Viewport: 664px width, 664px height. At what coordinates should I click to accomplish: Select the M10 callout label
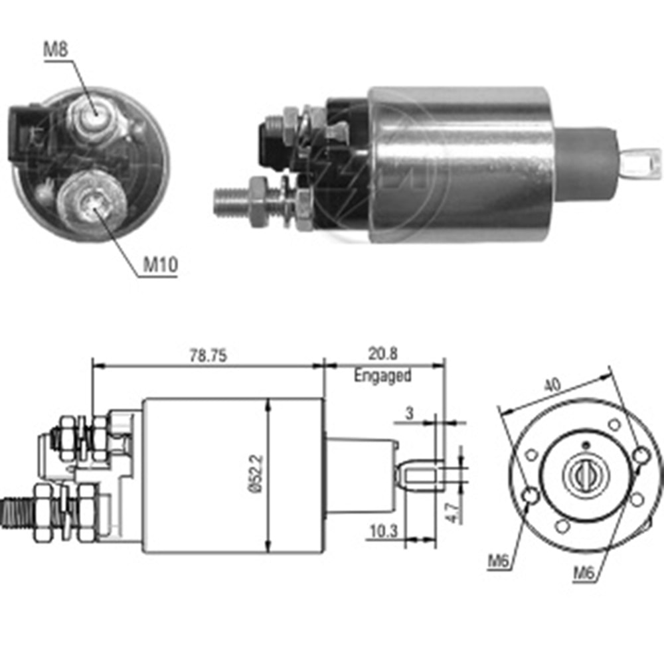(x=161, y=266)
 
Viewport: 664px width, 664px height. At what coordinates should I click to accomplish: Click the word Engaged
(x=382, y=375)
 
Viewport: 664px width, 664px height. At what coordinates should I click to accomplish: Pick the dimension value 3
(x=410, y=413)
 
